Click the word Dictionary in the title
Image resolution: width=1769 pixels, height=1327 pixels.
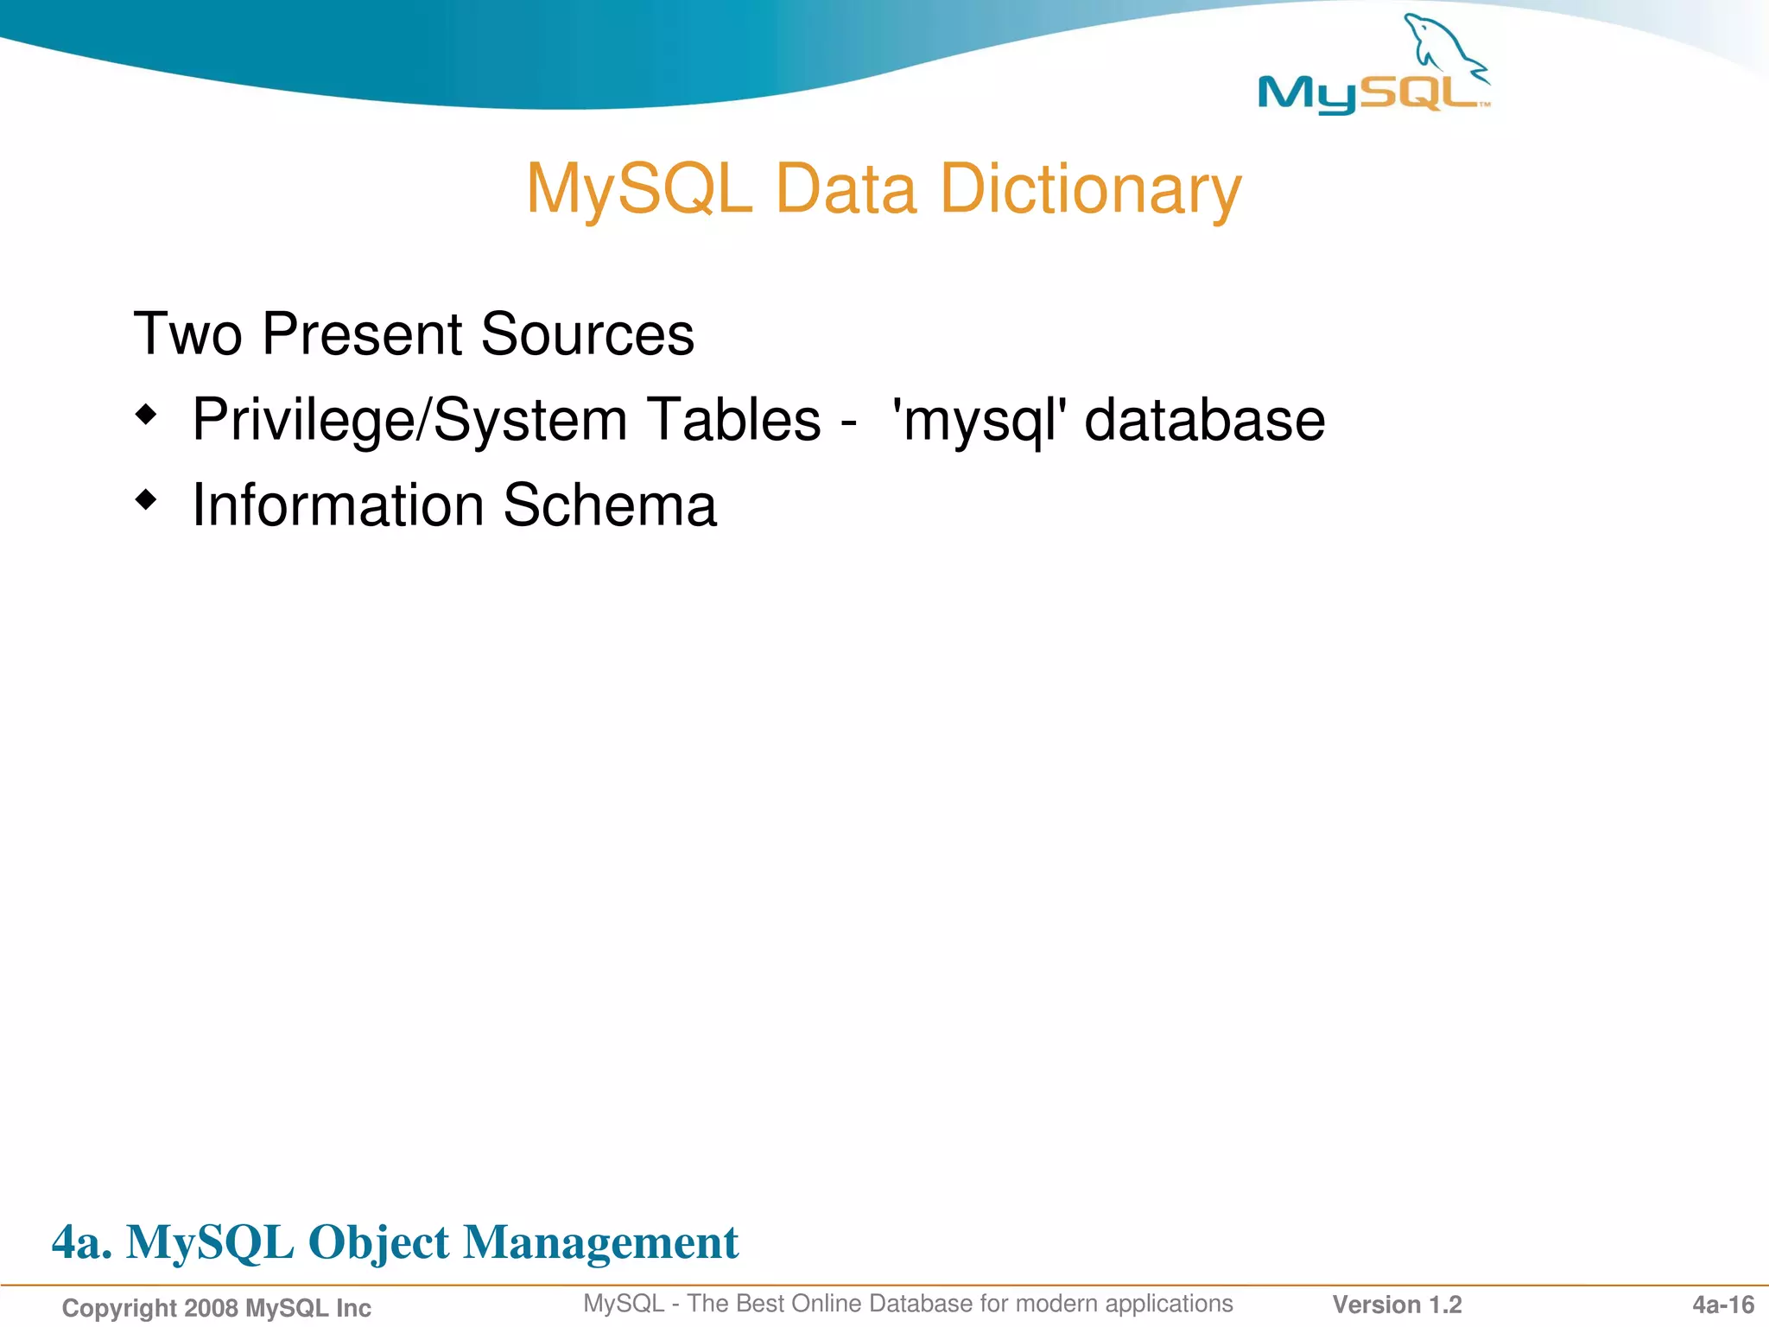1090,189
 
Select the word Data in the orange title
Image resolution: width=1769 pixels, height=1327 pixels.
846,189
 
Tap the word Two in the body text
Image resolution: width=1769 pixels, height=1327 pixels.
187,334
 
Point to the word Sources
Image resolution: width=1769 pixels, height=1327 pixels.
586,334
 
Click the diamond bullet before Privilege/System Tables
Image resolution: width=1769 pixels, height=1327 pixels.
147,416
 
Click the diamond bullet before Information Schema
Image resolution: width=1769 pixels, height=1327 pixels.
147,499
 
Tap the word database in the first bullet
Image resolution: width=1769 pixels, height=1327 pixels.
1204,420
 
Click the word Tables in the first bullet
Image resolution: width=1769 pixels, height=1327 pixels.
734,420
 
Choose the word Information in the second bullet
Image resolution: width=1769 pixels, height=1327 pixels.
338,505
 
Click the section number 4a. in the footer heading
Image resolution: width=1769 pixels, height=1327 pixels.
81,1242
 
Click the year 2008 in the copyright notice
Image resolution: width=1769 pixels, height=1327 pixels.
211,1308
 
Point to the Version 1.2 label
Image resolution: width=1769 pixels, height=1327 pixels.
1397,1305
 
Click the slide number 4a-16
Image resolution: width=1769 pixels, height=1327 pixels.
1722,1305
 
